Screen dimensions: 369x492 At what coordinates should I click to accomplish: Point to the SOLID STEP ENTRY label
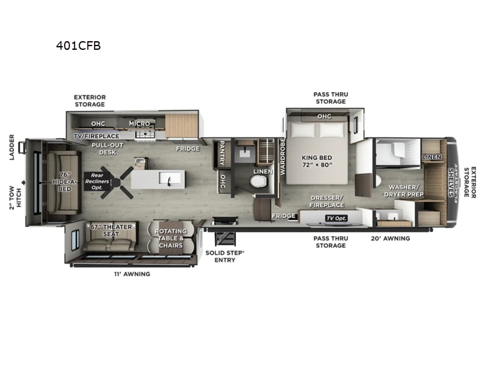(x=224, y=256)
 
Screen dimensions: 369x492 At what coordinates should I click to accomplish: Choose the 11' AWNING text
(x=133, y=274)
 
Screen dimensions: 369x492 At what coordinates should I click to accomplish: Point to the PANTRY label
(x=221, y=154)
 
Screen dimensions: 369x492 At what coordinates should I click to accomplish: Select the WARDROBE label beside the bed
(x=282, y=157)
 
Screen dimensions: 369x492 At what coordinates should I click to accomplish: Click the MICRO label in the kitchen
(x=140, y=123)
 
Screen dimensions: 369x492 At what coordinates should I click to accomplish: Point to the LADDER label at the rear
(x=12, y=148)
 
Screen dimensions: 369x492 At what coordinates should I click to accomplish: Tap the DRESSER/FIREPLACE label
(x=326, y=200)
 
